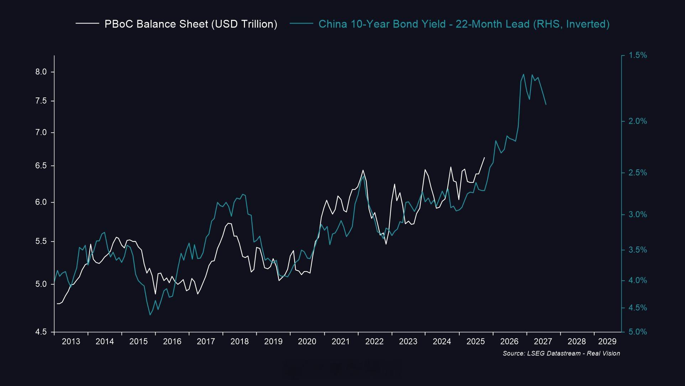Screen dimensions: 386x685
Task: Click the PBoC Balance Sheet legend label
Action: click(190, 24)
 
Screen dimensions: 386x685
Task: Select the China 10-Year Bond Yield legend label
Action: click(464, 24)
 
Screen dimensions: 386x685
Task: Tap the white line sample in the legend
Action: click(87, 24)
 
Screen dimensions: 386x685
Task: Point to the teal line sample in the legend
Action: click(301, 24)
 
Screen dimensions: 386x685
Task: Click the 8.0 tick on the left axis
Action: click(41, 72)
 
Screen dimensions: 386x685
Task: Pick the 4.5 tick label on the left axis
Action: click(41, 332)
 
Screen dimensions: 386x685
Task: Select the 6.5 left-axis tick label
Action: click(41, 166)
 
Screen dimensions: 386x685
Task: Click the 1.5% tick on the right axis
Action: click(638, 55)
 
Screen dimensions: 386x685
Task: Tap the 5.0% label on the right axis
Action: click(638, 332)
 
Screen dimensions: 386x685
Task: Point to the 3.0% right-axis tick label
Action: click(638, 215)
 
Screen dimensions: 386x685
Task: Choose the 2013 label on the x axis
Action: click(71, 342)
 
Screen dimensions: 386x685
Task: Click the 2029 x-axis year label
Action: click(607, 342)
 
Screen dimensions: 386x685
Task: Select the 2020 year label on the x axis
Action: click(307, 342)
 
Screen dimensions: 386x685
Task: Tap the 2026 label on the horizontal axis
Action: click(509, 342)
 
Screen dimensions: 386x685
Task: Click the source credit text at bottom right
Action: click(561, 353)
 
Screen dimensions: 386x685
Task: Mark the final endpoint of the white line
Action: click(485, 157)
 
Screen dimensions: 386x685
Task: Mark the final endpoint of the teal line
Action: click(546, 104)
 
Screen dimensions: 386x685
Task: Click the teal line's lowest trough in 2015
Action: click(150, 315)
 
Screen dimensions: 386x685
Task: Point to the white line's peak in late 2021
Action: click(363, 170)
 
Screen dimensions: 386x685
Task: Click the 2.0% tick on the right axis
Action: click(638, 121)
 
